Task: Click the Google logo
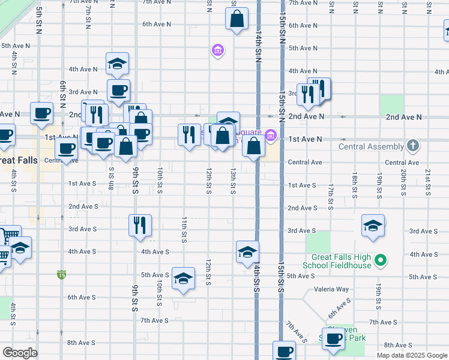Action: [x=20, y=353]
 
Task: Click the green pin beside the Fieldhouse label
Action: [x=379, y=261]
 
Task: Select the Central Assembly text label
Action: [x=372, y=146]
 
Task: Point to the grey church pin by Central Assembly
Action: [x=412, y=145]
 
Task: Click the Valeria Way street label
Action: [x=334, y=289]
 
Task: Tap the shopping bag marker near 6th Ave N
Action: [x=237, y=19]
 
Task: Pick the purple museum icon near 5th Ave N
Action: [x=217, y=50]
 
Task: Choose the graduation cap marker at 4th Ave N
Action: [x=118, y=64]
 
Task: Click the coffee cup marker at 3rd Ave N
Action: [x=118, y=91]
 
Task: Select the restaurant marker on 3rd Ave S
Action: [x=140, y=226]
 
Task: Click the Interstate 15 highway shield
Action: [x=62, y=274]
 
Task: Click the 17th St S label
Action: [x=330, y=198]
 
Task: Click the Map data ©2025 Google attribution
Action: [x=411, y=355]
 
